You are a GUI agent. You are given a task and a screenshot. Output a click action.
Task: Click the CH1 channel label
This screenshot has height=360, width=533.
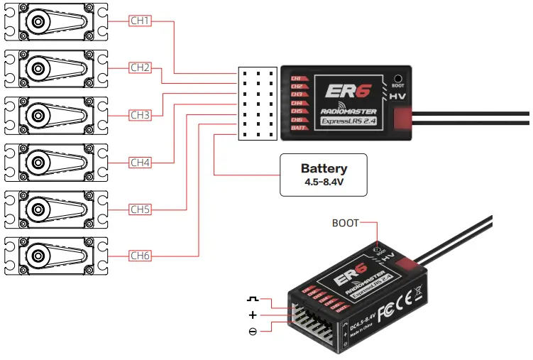click(140, 21)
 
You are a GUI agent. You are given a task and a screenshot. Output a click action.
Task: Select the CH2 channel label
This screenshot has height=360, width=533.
click(140, 67)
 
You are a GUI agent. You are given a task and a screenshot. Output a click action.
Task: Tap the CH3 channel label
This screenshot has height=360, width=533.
click(140, 114)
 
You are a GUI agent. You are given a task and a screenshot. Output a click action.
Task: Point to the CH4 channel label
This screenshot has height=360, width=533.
click(140, 162)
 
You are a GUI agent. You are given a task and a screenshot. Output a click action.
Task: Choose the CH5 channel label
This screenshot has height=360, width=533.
click(140, 209)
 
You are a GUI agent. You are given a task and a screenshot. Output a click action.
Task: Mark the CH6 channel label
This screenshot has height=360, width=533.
click(140, 255)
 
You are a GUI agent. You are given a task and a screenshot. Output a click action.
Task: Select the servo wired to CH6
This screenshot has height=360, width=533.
click(55, 255)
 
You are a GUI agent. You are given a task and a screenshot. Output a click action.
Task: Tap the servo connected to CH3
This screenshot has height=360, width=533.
click(55, 114)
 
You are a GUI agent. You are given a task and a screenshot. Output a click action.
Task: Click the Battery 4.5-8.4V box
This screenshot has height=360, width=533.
click(324, 174)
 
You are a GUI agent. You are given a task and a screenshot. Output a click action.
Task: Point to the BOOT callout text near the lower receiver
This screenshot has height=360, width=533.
click(346, 222)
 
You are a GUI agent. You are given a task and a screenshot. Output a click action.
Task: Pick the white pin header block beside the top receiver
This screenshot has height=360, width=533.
click(258, 104)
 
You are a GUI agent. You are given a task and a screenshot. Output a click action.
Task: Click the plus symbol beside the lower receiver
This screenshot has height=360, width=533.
click(253, 315)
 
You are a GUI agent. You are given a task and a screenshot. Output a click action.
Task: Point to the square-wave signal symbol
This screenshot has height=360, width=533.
click(253, 300)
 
